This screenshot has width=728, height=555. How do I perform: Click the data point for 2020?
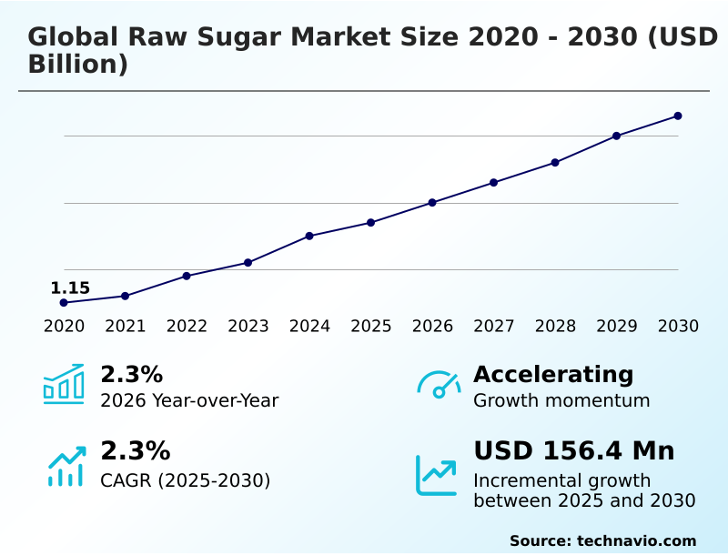[64, 302]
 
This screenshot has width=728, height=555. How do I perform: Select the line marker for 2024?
[309, 236]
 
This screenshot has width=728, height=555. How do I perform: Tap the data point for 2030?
[678, 116]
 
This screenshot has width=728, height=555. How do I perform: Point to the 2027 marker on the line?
[493, 182]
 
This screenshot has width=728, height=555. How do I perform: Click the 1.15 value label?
[70, 288]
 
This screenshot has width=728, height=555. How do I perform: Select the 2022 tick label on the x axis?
[187, 327]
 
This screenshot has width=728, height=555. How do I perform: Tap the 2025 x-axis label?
[371, 327]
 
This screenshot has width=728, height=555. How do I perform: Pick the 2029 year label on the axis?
[617, 327]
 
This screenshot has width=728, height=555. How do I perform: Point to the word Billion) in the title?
[77, 65]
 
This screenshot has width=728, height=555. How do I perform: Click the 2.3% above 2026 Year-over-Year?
[131, 374]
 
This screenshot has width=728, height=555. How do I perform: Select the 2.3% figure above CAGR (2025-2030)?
[135, 450]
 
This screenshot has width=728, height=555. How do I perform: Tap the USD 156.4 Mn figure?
[573, 450]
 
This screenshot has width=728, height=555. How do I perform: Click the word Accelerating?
[553, 374]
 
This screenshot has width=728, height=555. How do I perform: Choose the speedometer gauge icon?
[439, 385]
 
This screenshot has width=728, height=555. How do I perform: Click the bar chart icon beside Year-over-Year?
[64, 384]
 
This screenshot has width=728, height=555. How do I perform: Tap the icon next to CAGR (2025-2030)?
[66, 466]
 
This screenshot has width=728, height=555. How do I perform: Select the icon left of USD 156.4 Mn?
[436, 475]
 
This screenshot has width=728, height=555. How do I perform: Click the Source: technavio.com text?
[602, 540]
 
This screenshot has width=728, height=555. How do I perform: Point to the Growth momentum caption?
[561, 400]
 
